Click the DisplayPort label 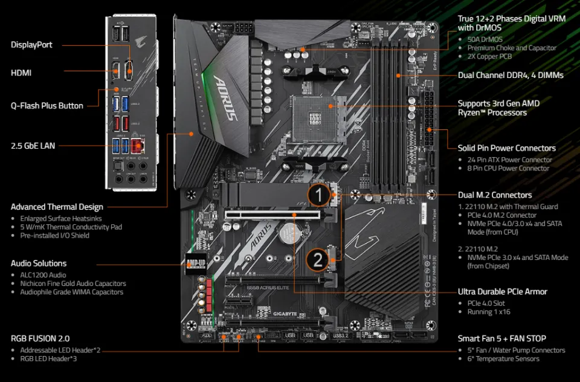pyautogui.click(x=31, y=45)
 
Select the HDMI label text pyautogui.click(x=21, y=73)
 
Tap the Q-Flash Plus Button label pyautogui.click(x=47, y=106)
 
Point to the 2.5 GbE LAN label pyautogui.click(x=36, y=145)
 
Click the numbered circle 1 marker pyautogui.click(x=320, y=195)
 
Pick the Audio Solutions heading pyautogui.click(x=39, y=264)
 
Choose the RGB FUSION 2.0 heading pyautogui.click(x=40, y=338)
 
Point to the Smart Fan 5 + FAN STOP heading pyautogui.click(x=501, y=338)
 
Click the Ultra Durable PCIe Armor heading pyautogui.click(x=502, y=291)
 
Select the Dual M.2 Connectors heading pyautogui.click(x=495, y=195)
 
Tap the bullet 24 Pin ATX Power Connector pyautogui.click(x=509, y=160)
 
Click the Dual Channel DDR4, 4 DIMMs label pyautogui.click(x=511, y=76)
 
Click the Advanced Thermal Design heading pyautogui.click(x=57, y=207)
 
